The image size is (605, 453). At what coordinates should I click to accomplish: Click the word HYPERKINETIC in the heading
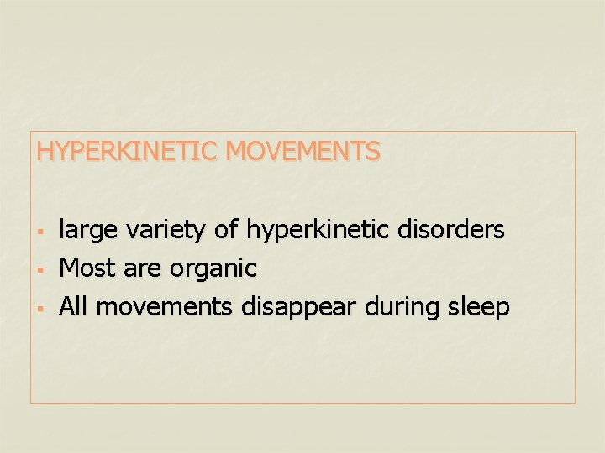pos(128,152)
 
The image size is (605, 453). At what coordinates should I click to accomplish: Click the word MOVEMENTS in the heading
pos(303,152)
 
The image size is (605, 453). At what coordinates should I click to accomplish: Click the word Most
pos(88,268)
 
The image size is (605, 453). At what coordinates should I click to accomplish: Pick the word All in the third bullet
pos(75,307)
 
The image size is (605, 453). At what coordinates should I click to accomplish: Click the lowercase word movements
pos(166,308)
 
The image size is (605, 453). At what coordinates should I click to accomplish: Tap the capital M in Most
pos(70,268)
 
